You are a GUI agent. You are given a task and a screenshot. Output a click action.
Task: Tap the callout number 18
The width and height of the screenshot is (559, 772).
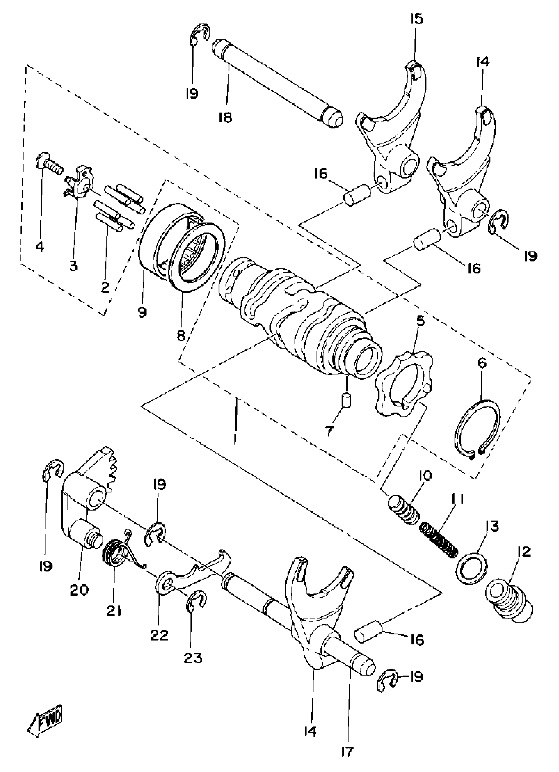(x=225, y=117)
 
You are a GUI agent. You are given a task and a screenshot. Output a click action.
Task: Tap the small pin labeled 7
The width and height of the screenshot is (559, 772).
(x=347, y=399)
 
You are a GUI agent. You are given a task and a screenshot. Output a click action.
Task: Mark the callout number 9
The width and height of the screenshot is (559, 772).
(x=142, y=312)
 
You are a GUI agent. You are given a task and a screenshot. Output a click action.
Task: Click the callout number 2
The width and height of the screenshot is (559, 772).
(x=105, y=288)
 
